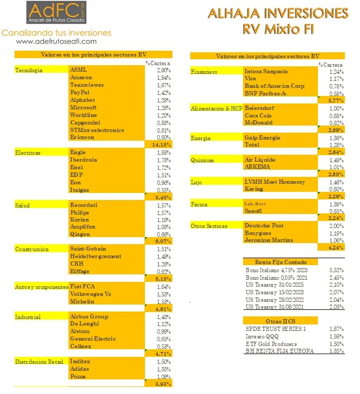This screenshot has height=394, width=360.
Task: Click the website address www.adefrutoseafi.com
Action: point(57,41)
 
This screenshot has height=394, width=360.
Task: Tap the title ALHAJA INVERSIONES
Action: point(278,13)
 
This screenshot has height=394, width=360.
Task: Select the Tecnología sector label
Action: point(29,70)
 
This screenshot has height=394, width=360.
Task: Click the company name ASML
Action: point(78,70)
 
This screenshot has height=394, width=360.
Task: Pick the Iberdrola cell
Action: point(82,160)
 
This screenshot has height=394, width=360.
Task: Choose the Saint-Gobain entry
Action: point(88,249)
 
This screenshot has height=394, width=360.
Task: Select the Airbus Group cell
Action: point(89,316)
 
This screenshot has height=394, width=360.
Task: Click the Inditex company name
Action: point(80,361)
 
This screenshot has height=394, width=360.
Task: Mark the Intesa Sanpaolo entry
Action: point(266,71)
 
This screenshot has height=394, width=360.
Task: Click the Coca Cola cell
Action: point(258,115)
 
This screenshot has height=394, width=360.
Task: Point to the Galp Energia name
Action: point(262,138)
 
